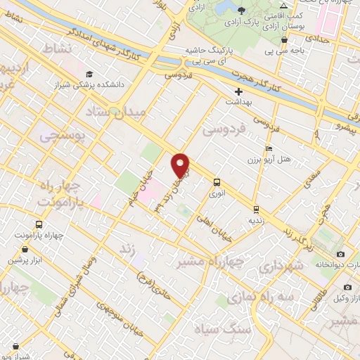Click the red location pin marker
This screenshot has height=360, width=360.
click(181, 166)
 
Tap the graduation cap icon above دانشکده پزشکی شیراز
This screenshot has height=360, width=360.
click(89, 74)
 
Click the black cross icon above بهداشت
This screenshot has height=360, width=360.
click(239, 92)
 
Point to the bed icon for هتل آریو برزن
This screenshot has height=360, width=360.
click(268, 150)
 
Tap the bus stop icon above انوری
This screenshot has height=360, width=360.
click(216, 181)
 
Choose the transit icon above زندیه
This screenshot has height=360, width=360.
click(256, 209)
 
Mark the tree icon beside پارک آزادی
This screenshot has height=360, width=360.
click(242, 10)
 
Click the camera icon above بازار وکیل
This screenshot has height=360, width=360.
click(347, 288)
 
